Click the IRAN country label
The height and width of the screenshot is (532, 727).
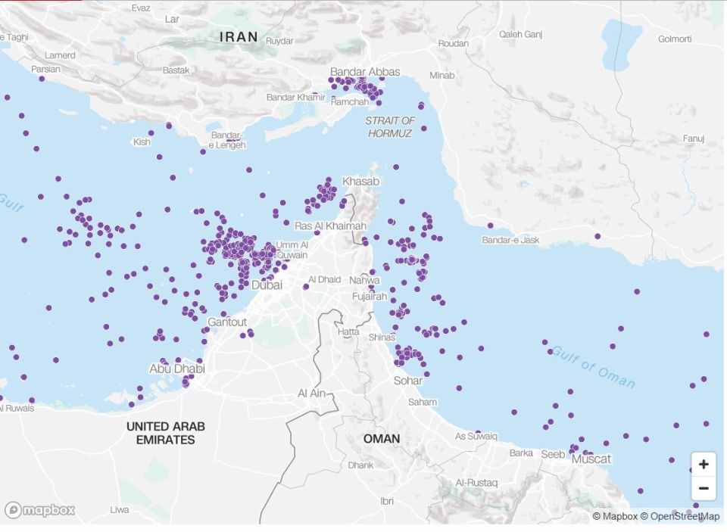point(239,36)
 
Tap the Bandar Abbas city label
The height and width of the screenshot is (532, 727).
point(365,72)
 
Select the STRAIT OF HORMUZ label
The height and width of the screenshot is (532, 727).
point(390,127)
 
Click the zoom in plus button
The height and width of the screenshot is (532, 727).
point(704,464)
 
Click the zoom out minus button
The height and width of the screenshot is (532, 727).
point(704,488)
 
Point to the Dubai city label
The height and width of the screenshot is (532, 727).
point(267,285)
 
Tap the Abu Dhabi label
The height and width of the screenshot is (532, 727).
point(176,369)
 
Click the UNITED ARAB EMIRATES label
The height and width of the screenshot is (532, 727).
point(165,433)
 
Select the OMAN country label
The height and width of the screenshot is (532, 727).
point(382,439)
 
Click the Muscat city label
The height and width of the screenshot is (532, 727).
point(591,459)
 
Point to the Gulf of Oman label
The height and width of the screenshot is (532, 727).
point(594,367)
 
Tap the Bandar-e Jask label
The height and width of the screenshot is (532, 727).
point(510,240)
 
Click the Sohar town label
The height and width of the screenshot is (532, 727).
point(408,381)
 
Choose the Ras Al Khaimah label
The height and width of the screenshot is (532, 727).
point(330,226)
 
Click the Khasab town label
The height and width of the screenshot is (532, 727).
point(361,182)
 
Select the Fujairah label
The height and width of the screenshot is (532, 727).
point(370,297)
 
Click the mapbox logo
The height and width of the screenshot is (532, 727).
point(39,510)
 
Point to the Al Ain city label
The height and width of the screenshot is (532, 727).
point(312,394)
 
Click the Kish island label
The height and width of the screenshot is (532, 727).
point(142,142)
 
